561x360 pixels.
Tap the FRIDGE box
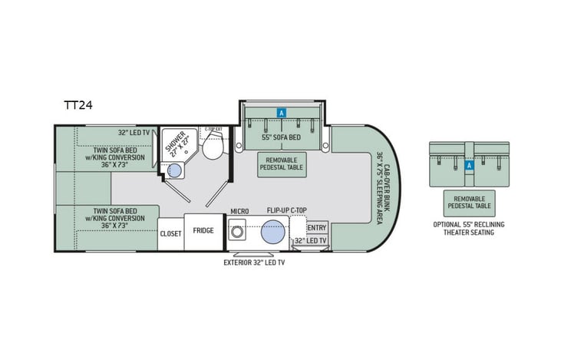(x=203, y=230)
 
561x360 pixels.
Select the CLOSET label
(x=170, y=233)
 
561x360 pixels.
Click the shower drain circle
(x=174, y=171)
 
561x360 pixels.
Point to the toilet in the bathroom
(x=215, y=143)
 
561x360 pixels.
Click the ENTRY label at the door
(x=316, y=227)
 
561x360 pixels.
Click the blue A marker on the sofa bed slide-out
(x=282, y=112)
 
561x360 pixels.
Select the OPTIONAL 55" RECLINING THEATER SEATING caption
(x=470, y=228)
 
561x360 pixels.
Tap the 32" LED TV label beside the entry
(x=310, y=240)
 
